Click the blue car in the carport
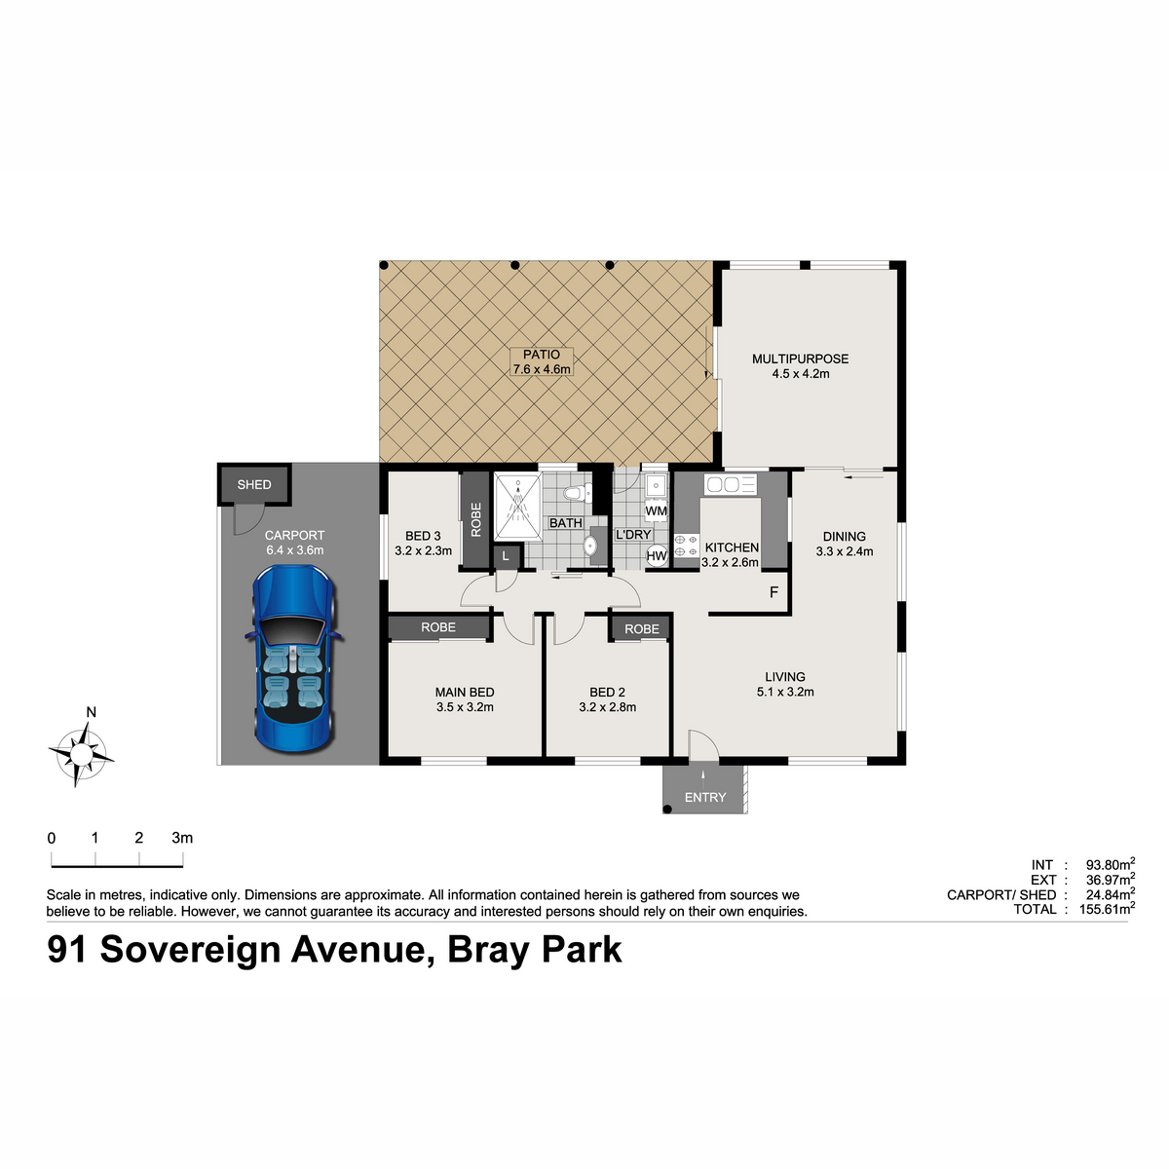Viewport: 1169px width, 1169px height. [294, 659]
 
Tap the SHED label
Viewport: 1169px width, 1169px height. [254, 485]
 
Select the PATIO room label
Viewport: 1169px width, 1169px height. [541, 355]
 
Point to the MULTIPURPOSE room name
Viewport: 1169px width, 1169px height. [800, 359]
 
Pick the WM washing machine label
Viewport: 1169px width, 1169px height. [656, 510]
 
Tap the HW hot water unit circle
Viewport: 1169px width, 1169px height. [657, 555]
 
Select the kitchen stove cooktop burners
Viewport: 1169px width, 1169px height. [687, 546]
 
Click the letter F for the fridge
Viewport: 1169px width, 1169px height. [773, 592]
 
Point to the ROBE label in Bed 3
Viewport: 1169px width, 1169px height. [475, 519]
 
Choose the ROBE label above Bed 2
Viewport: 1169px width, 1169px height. [642, 629]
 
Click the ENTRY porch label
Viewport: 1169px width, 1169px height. [705, 797]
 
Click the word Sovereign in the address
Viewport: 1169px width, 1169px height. [191, 950]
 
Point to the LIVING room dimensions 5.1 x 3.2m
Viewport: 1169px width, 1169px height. [785, 692]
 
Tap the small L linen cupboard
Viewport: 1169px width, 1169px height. [506, 555]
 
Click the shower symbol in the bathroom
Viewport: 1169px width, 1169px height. [517, 507]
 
